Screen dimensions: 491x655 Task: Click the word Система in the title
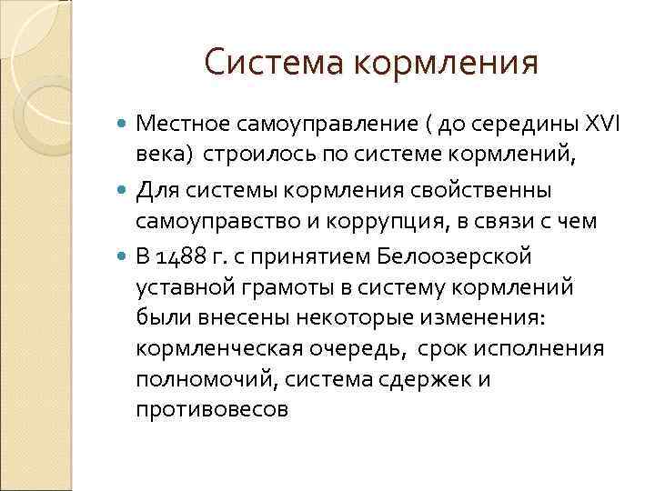point(272,62)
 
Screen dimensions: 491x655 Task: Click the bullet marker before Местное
point(125,125)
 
